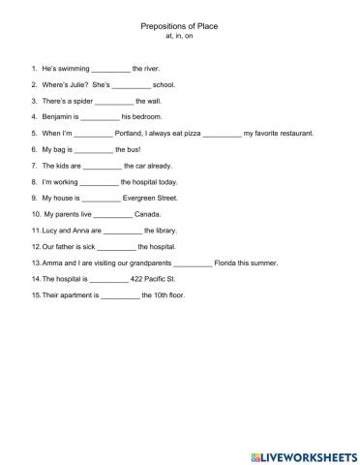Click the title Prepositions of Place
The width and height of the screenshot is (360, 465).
[x=180, y=28]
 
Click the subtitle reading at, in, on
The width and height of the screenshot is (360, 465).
[x=180, y=40]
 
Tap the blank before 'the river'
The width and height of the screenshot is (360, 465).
[x=110, y=70]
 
